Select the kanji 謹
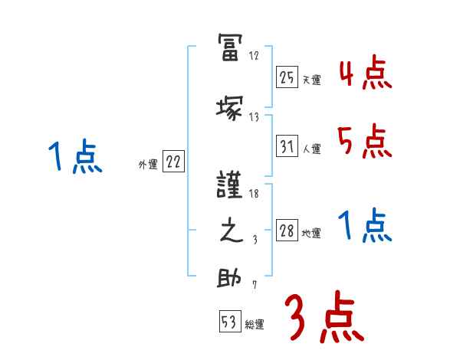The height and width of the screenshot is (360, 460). pos(229,188)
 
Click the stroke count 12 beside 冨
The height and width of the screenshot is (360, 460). pos(255,56)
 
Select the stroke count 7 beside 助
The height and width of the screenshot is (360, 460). pos(254,286)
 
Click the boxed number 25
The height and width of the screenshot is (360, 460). pos(287,77)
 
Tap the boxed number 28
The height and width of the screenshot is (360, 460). pos(287,231)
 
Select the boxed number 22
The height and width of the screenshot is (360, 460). pos(173,162)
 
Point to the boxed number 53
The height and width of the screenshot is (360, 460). pos(229,322)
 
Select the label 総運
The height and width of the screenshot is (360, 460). pos(255,325)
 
